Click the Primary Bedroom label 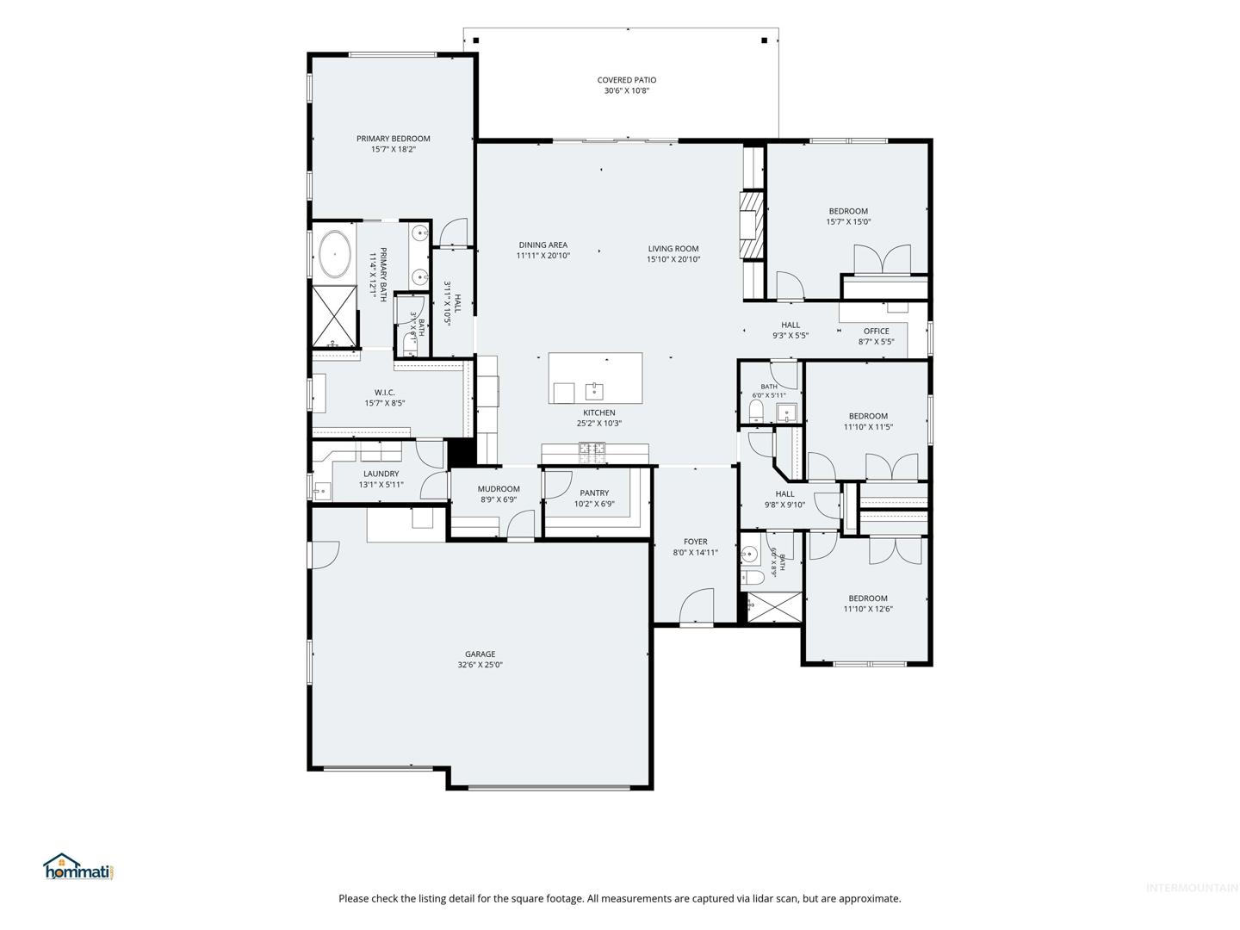click(393, 139)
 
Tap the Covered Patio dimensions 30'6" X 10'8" click(627, 90)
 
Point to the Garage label click(480, 654)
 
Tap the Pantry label click(594, 493)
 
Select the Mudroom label click(499, 489)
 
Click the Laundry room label click(381, 474)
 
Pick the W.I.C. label click(384, 393)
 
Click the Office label click(877, 331)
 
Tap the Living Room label click(673, 249)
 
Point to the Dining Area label click(542, 245)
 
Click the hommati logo click(79, 866)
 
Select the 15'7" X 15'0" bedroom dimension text click(848, 222)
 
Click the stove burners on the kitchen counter click(591, 449)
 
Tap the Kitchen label click(598, 412)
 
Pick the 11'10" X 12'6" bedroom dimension click(868, 609)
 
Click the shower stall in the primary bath click(334, 316)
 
